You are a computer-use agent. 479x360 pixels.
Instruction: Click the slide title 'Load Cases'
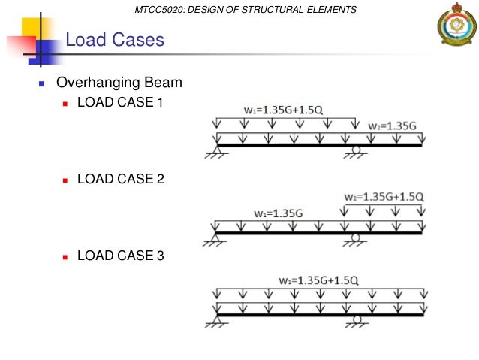(115, 39)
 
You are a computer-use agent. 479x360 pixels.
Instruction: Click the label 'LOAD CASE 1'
(120, 102)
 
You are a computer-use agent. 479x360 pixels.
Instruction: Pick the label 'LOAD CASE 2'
(120, 179)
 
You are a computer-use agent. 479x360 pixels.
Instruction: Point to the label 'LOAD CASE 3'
(120, 256)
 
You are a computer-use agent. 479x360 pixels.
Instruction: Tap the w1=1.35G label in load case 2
(278, 213)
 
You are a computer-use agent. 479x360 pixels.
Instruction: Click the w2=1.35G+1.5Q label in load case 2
(384, 197)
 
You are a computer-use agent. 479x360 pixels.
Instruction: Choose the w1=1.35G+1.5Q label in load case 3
(318, 280)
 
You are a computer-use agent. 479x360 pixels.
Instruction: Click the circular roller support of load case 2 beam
(356, 238)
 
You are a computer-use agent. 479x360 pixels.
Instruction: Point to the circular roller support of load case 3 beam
(357, 319)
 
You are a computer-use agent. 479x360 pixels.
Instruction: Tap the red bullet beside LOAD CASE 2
(66, 180)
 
